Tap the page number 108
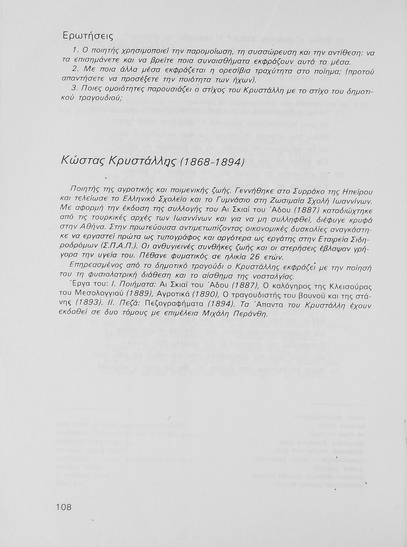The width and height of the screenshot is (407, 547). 64,507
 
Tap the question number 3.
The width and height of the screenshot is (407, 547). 74,88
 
